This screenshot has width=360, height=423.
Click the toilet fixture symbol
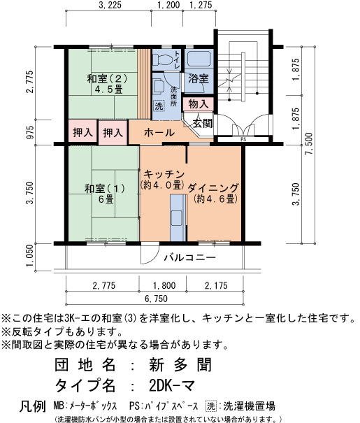(163, 59)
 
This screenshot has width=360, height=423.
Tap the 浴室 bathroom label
(199, 78)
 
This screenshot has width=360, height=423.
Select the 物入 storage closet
(199, 103)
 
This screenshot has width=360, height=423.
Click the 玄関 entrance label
(203, 123)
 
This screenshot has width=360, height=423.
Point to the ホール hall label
(159, 132)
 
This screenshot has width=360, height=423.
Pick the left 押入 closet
(82, 132)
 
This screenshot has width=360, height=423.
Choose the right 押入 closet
(113, 132)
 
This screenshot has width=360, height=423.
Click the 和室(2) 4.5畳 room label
(107, 84)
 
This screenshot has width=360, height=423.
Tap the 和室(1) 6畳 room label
(105, 194)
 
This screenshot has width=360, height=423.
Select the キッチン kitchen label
(163, 180)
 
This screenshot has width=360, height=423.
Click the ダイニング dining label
(213, 193)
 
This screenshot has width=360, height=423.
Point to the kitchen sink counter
(178, 218)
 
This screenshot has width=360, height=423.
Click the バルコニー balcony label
(190, 257)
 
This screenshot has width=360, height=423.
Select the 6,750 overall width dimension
(156, 299)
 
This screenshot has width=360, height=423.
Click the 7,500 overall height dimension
(309, 143)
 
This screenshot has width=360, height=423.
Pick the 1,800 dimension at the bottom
(164, 285)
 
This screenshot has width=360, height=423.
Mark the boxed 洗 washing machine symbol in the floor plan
(159, 106)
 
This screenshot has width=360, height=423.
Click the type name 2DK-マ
(172, 386)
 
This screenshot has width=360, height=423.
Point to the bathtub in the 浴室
(199, 59)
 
